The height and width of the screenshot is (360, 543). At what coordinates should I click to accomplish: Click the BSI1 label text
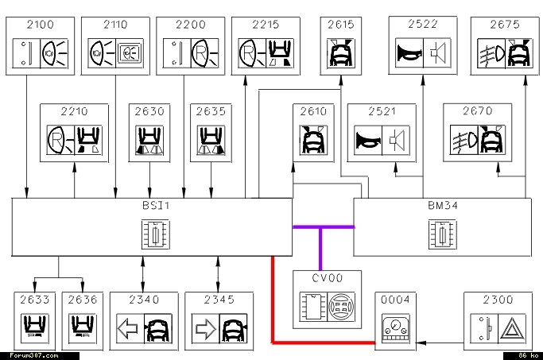coord(156,206)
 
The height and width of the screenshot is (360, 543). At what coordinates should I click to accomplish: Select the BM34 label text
coord(443,206)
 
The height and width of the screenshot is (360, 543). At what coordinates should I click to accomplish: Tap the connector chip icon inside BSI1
coord(156,234)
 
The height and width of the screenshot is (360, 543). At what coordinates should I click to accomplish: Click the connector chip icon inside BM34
coord(443,234)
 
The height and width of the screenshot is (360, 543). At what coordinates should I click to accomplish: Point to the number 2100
coord(41,25)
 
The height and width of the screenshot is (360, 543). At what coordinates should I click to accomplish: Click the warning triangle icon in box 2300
coord(512,328)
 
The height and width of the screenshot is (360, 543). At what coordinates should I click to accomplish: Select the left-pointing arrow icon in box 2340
coord(128,328)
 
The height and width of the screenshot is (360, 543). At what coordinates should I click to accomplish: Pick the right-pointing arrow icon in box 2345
coord(206,328)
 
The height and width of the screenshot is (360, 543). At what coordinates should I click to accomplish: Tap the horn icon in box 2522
coord(409,53)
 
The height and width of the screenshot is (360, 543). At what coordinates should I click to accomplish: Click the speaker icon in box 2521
coord(396,140)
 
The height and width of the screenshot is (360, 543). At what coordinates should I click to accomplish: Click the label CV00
coord(328,278)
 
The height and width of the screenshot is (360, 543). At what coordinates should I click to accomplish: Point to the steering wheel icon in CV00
coord(341,307)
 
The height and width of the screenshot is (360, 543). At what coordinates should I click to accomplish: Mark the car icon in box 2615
coord(341,53)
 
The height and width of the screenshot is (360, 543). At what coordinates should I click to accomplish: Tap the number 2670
coord(478,110)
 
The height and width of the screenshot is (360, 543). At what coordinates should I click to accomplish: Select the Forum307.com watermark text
coord(34,355)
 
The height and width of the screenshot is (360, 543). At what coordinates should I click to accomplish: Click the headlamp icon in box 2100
coord(54,53)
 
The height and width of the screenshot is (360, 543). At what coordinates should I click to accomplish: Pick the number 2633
coord(35,300)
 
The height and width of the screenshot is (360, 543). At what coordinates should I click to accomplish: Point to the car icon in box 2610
coord(313,140)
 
